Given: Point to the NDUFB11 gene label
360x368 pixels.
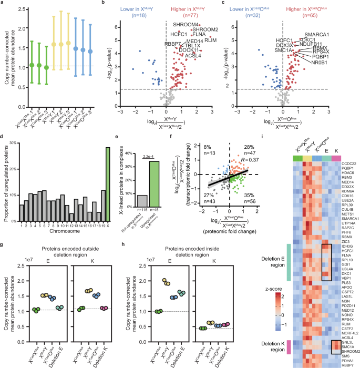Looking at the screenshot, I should click(x=320, y=44).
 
